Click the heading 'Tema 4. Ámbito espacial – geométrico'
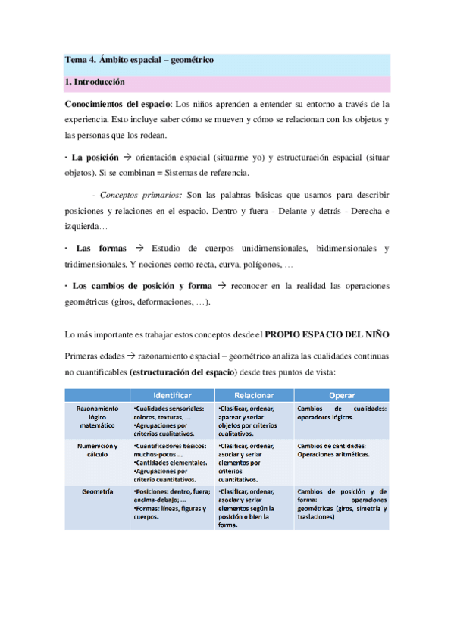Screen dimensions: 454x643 pos(140,60)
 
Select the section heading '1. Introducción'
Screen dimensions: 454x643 pos(95,81)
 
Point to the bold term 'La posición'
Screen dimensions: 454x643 pos(95,158)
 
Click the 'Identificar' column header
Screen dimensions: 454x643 pos(172,395)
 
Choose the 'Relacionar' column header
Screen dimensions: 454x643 pos(254,395)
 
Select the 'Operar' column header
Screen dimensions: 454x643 pos(342,395)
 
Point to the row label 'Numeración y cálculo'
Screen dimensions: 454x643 pos(97,450)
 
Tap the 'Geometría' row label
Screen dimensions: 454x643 pos(97,492)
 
